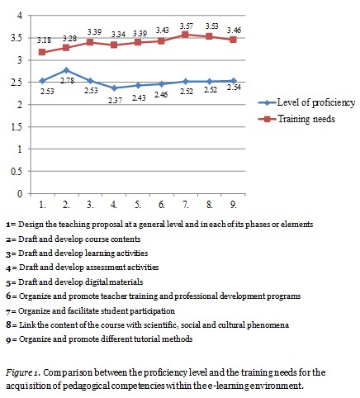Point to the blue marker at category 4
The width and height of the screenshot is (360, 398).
click(x=115, y=88)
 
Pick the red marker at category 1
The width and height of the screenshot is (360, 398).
click(x=42, y=52)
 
